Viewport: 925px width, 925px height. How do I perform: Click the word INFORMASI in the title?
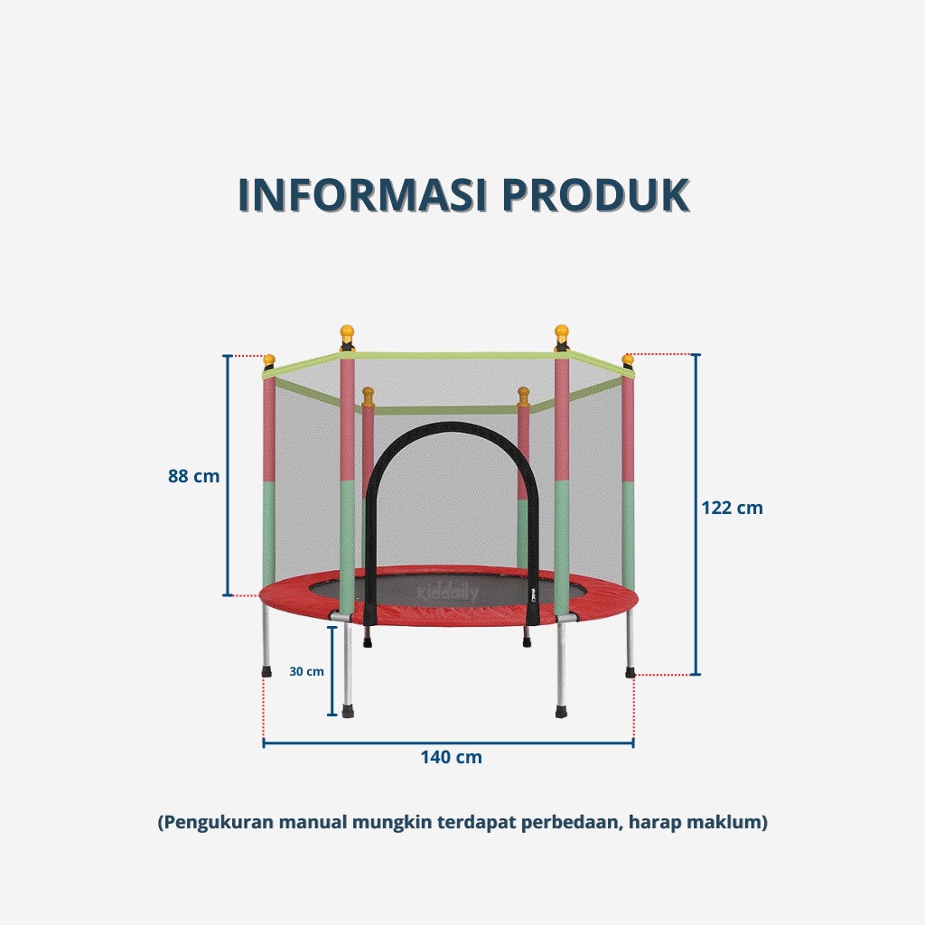(362, 195)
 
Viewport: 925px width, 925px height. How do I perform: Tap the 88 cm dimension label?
(193, 476)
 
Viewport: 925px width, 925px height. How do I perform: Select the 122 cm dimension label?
(732, 508)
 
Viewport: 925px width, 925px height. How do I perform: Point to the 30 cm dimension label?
(306, 671)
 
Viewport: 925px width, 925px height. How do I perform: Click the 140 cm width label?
(451, 757)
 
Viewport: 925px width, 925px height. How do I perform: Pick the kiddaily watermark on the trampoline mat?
(448, 593)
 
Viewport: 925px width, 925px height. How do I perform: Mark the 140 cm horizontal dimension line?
(448, 743)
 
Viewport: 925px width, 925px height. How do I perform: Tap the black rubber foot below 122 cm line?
(629, 672)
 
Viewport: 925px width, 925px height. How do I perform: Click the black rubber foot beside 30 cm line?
(348, 712)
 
